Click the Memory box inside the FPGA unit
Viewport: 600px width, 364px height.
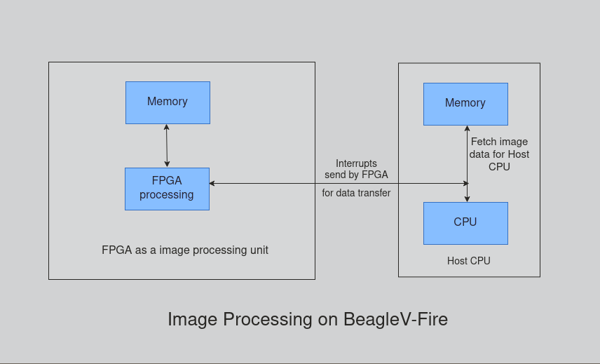168,102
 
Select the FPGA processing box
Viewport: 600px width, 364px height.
167,189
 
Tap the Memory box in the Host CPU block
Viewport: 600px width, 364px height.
465,104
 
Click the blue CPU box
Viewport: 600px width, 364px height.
465,223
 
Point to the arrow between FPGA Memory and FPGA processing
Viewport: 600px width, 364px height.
167,146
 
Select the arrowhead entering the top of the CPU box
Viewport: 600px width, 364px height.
468,198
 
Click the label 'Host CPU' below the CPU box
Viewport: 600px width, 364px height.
469,261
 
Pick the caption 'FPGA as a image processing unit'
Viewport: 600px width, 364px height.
185,250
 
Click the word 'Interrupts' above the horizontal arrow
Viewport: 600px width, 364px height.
356,163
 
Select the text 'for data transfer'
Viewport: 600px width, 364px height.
356,193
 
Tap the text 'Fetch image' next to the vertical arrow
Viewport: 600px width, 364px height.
499,142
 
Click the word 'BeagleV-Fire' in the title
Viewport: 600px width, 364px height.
395,319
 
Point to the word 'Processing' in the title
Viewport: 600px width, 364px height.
268,319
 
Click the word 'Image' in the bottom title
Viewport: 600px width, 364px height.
192,319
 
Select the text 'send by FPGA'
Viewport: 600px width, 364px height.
356,175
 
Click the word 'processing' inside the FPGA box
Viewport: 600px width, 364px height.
167,195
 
